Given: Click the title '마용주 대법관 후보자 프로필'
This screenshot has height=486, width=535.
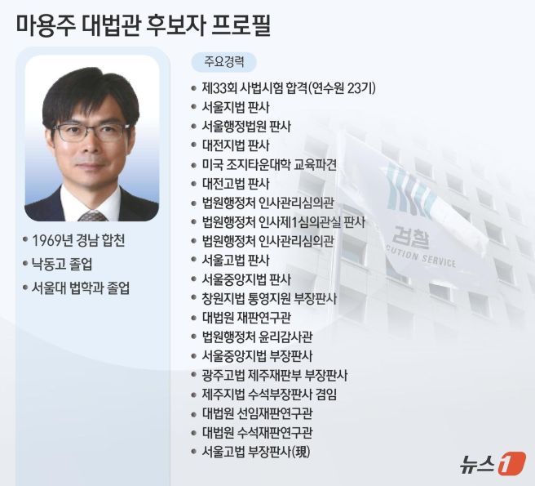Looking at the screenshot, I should tap(144, 24).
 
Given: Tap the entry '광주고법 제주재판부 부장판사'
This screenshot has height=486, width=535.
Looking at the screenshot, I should tap(275, 375).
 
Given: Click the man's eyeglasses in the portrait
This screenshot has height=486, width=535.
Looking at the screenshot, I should tap(91, 131).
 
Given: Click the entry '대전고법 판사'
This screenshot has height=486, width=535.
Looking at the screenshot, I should tap(236, 183).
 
